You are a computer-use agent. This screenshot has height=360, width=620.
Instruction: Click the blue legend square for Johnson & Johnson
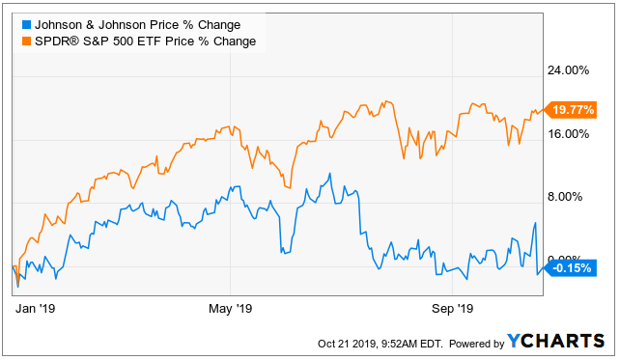click(x=26, y=25)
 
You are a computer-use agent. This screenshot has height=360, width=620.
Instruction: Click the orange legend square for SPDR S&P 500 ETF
click(x=26, y=42)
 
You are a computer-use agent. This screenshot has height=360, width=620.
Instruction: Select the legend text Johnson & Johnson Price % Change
click(x=137, y=25)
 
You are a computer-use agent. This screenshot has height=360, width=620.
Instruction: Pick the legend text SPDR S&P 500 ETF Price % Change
click(x=145, y=42)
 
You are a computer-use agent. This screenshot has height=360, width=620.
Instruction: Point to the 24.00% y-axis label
click(x=568, y=70)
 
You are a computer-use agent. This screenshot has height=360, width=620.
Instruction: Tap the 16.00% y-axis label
click(x=568, y=134)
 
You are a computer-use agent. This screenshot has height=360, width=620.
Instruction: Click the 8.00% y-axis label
click(x=565, y=197)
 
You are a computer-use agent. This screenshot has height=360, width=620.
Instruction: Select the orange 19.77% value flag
click(x=571, y=110)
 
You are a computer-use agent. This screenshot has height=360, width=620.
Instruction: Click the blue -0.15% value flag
click(x=571, y=268)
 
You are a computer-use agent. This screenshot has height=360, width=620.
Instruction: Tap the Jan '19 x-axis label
click(x=35, y=308)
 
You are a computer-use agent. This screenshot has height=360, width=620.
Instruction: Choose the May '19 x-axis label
click(x=231, y=308)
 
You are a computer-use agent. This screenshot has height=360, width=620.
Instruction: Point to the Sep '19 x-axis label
click(x=452, y=308)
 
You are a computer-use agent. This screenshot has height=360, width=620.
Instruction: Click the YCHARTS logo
click(x=556, y=341)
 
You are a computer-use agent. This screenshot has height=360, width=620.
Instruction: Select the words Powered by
click(x=477, y=344)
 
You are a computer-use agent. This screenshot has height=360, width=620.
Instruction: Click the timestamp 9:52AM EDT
click(x=411, y=344)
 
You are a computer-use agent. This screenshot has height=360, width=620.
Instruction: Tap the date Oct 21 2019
click(x=347, y=344)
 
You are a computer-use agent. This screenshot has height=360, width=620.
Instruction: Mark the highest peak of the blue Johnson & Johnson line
click(x=329, y=174)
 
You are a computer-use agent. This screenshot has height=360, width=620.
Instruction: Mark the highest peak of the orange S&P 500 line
click(x=386, y=101)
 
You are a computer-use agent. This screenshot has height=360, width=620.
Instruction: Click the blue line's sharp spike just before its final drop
click(x=535, y=223)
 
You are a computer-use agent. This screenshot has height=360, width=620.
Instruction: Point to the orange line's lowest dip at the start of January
click(x=17, y=284)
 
